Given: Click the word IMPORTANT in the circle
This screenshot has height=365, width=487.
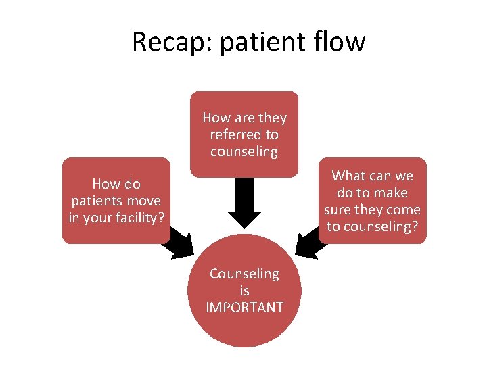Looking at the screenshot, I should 244,308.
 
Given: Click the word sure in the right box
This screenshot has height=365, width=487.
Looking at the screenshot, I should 342,210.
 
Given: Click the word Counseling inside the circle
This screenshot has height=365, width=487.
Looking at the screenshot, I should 244,274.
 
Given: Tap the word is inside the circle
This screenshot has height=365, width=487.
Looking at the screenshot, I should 244,291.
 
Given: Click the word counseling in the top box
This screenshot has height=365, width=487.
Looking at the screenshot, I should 244,151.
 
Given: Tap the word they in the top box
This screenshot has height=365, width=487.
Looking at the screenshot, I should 271,118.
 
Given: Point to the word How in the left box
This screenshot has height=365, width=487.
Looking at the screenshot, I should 106,184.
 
